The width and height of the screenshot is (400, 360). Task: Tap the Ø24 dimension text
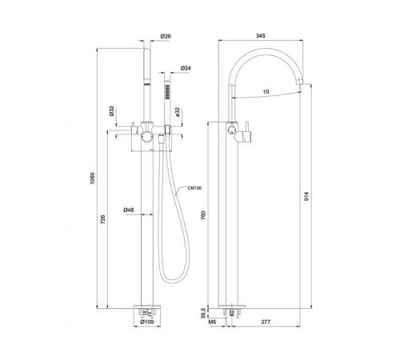tap(185, 68)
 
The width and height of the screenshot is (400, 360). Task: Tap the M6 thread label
tap(213, 322)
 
